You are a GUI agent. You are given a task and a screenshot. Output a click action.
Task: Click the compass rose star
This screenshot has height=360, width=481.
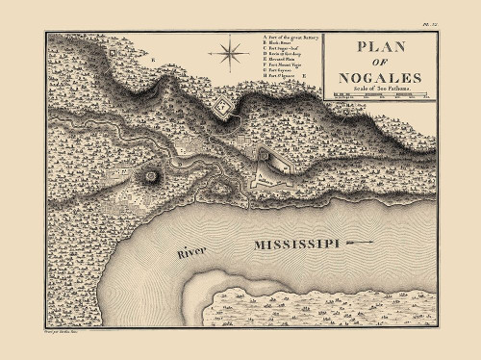[231, 50]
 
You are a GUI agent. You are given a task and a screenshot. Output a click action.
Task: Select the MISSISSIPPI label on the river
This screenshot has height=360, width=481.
[297, 245]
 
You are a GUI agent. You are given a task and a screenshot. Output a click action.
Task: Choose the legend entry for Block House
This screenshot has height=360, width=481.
[280, 43]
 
